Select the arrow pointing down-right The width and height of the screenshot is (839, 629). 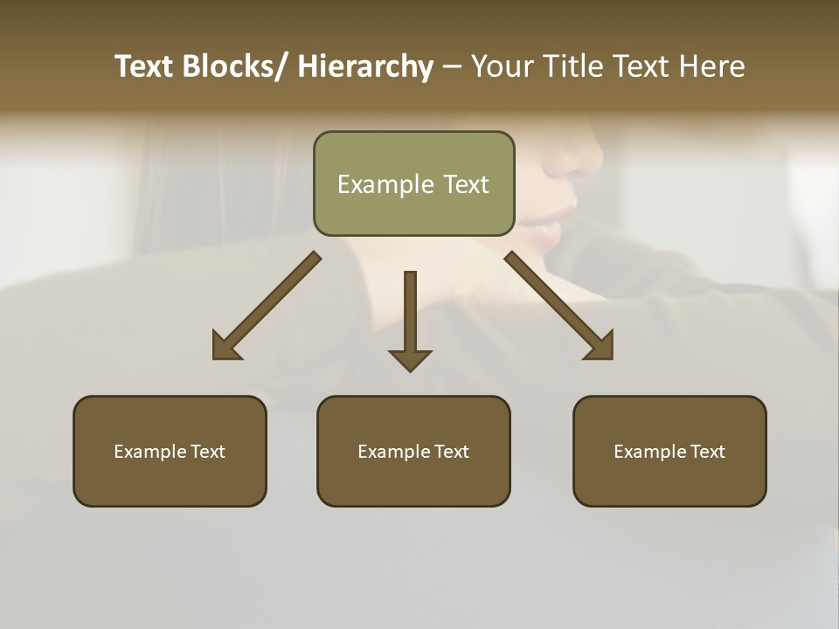pos(559,307)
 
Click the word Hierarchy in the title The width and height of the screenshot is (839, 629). pos(365,66)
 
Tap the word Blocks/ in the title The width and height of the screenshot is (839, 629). pos(233,66)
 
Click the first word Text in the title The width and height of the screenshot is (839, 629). pos(145,66)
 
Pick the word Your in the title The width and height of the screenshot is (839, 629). pos(501,66)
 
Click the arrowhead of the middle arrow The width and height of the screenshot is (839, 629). pos(410,359)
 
